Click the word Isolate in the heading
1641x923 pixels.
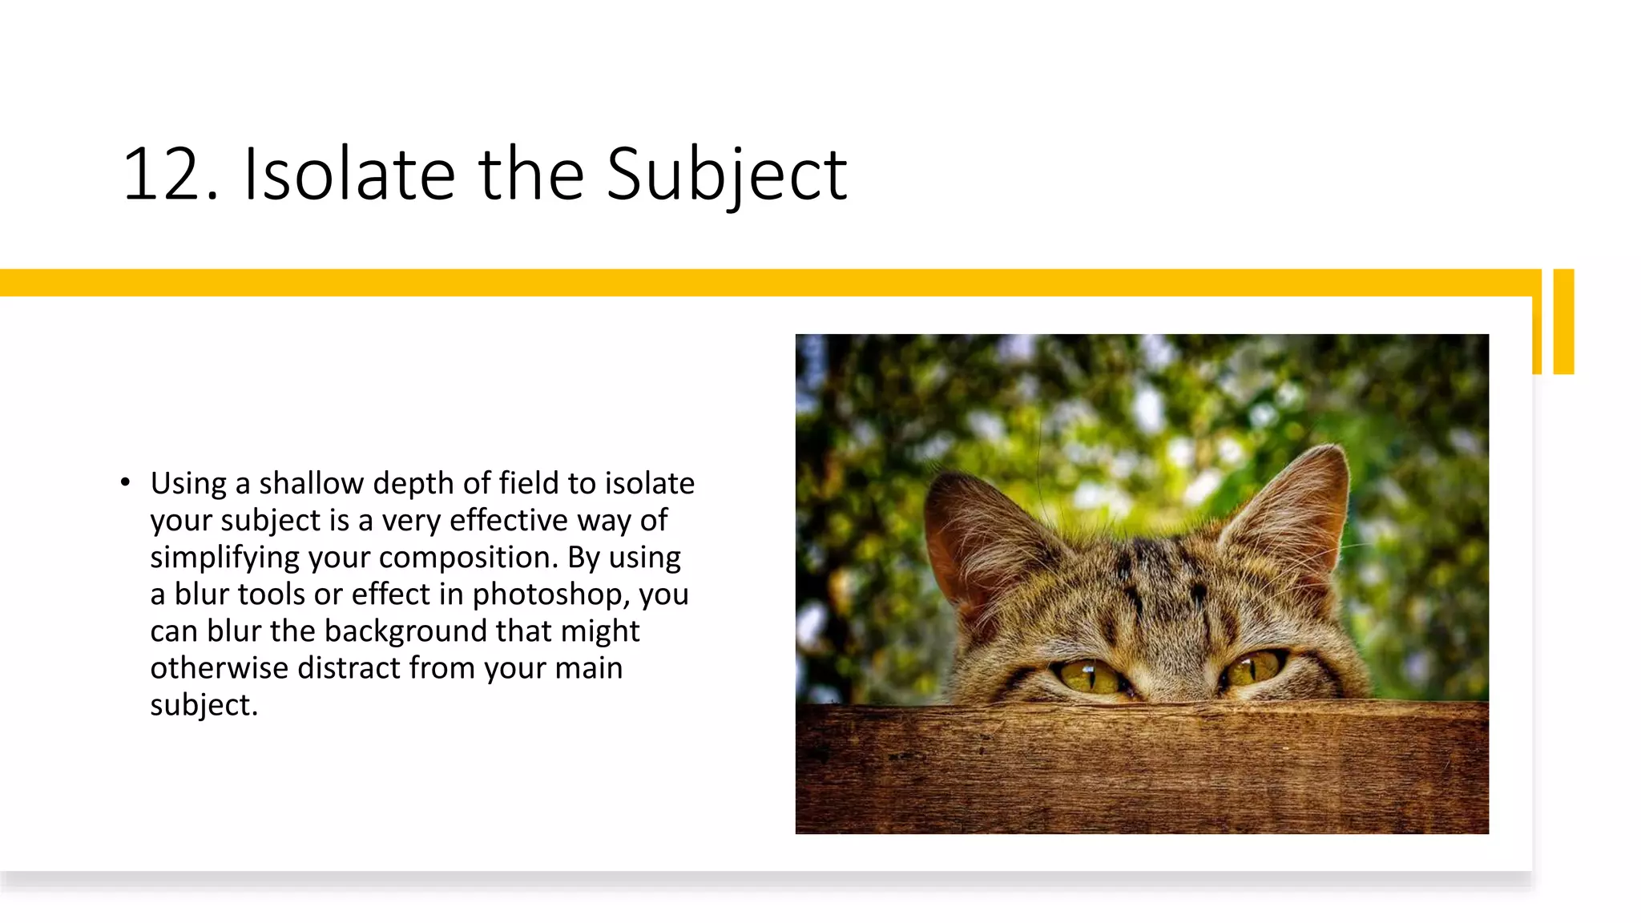349,175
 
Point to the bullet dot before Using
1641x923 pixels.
125,482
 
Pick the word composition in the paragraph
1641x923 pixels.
468,558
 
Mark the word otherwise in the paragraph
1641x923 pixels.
219,668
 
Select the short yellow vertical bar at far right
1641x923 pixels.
1563,321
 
